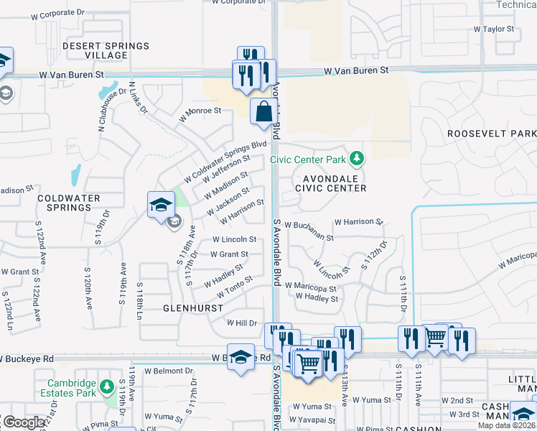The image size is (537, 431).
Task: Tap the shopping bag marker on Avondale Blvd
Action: click(x=263, y=112)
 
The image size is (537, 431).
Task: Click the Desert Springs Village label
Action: click(x=106, y=50)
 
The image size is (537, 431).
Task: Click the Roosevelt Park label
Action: click(x=491, y=134)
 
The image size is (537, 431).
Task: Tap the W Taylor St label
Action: click(x=494, y=29)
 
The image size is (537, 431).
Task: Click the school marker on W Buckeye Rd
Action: click(x=241, y=358)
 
